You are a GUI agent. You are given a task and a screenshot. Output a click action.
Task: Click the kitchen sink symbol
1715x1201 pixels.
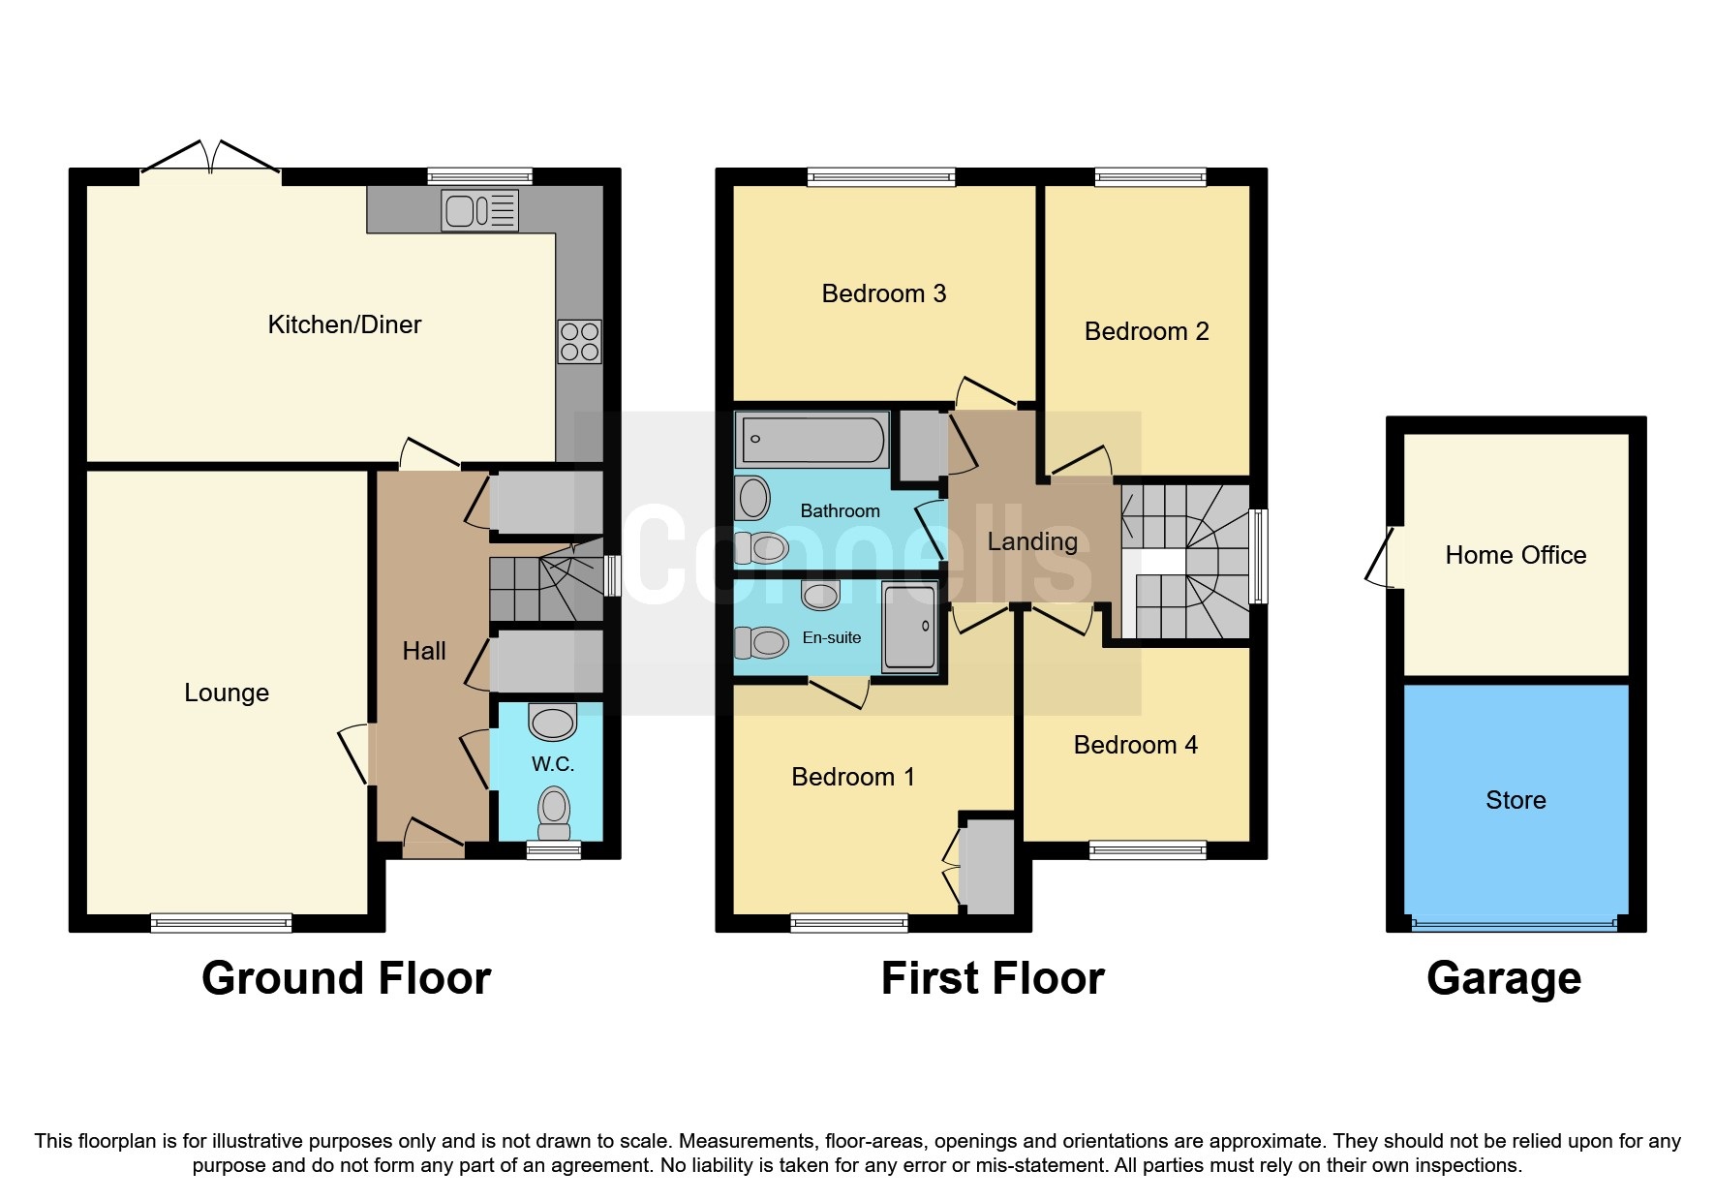point(479,210)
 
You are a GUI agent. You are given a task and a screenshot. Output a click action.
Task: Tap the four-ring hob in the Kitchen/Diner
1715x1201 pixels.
point(579,342)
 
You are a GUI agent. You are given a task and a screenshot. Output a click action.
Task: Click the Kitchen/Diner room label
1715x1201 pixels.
point(344,324)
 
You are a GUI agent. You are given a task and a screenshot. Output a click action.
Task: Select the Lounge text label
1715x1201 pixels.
point(227,693)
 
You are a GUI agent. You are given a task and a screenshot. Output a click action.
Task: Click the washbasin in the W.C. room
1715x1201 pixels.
point(553,723)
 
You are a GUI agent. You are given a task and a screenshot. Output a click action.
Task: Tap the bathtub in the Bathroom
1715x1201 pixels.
point(812,439)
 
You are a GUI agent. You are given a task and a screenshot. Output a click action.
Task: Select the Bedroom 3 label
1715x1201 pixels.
point(883,293)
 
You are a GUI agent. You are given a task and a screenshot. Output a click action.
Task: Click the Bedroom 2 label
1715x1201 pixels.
point(1146,331)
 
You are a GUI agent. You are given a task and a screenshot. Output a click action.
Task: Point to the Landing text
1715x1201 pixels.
point(1032,541)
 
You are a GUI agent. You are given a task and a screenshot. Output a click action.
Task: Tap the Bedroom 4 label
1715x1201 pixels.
point(1135,745)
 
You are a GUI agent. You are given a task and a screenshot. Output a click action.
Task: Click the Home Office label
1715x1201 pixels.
point(1515,555)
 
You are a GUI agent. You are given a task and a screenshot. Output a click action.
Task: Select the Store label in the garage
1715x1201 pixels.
point(1515,800)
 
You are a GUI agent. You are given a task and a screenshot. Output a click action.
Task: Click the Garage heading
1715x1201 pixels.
point(1503,978)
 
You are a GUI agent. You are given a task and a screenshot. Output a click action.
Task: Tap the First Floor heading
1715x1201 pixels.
point(992,978)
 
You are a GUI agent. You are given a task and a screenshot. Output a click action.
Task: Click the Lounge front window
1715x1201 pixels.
point(221,923)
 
